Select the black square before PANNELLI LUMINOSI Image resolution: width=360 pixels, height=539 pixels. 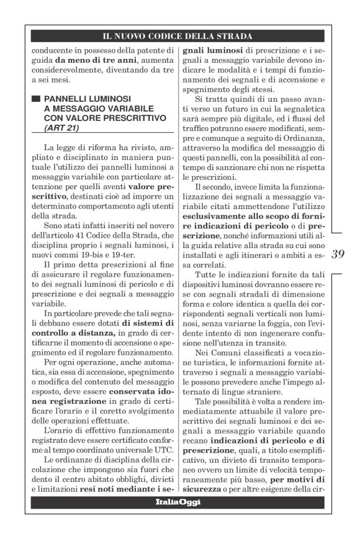click(37, 98)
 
